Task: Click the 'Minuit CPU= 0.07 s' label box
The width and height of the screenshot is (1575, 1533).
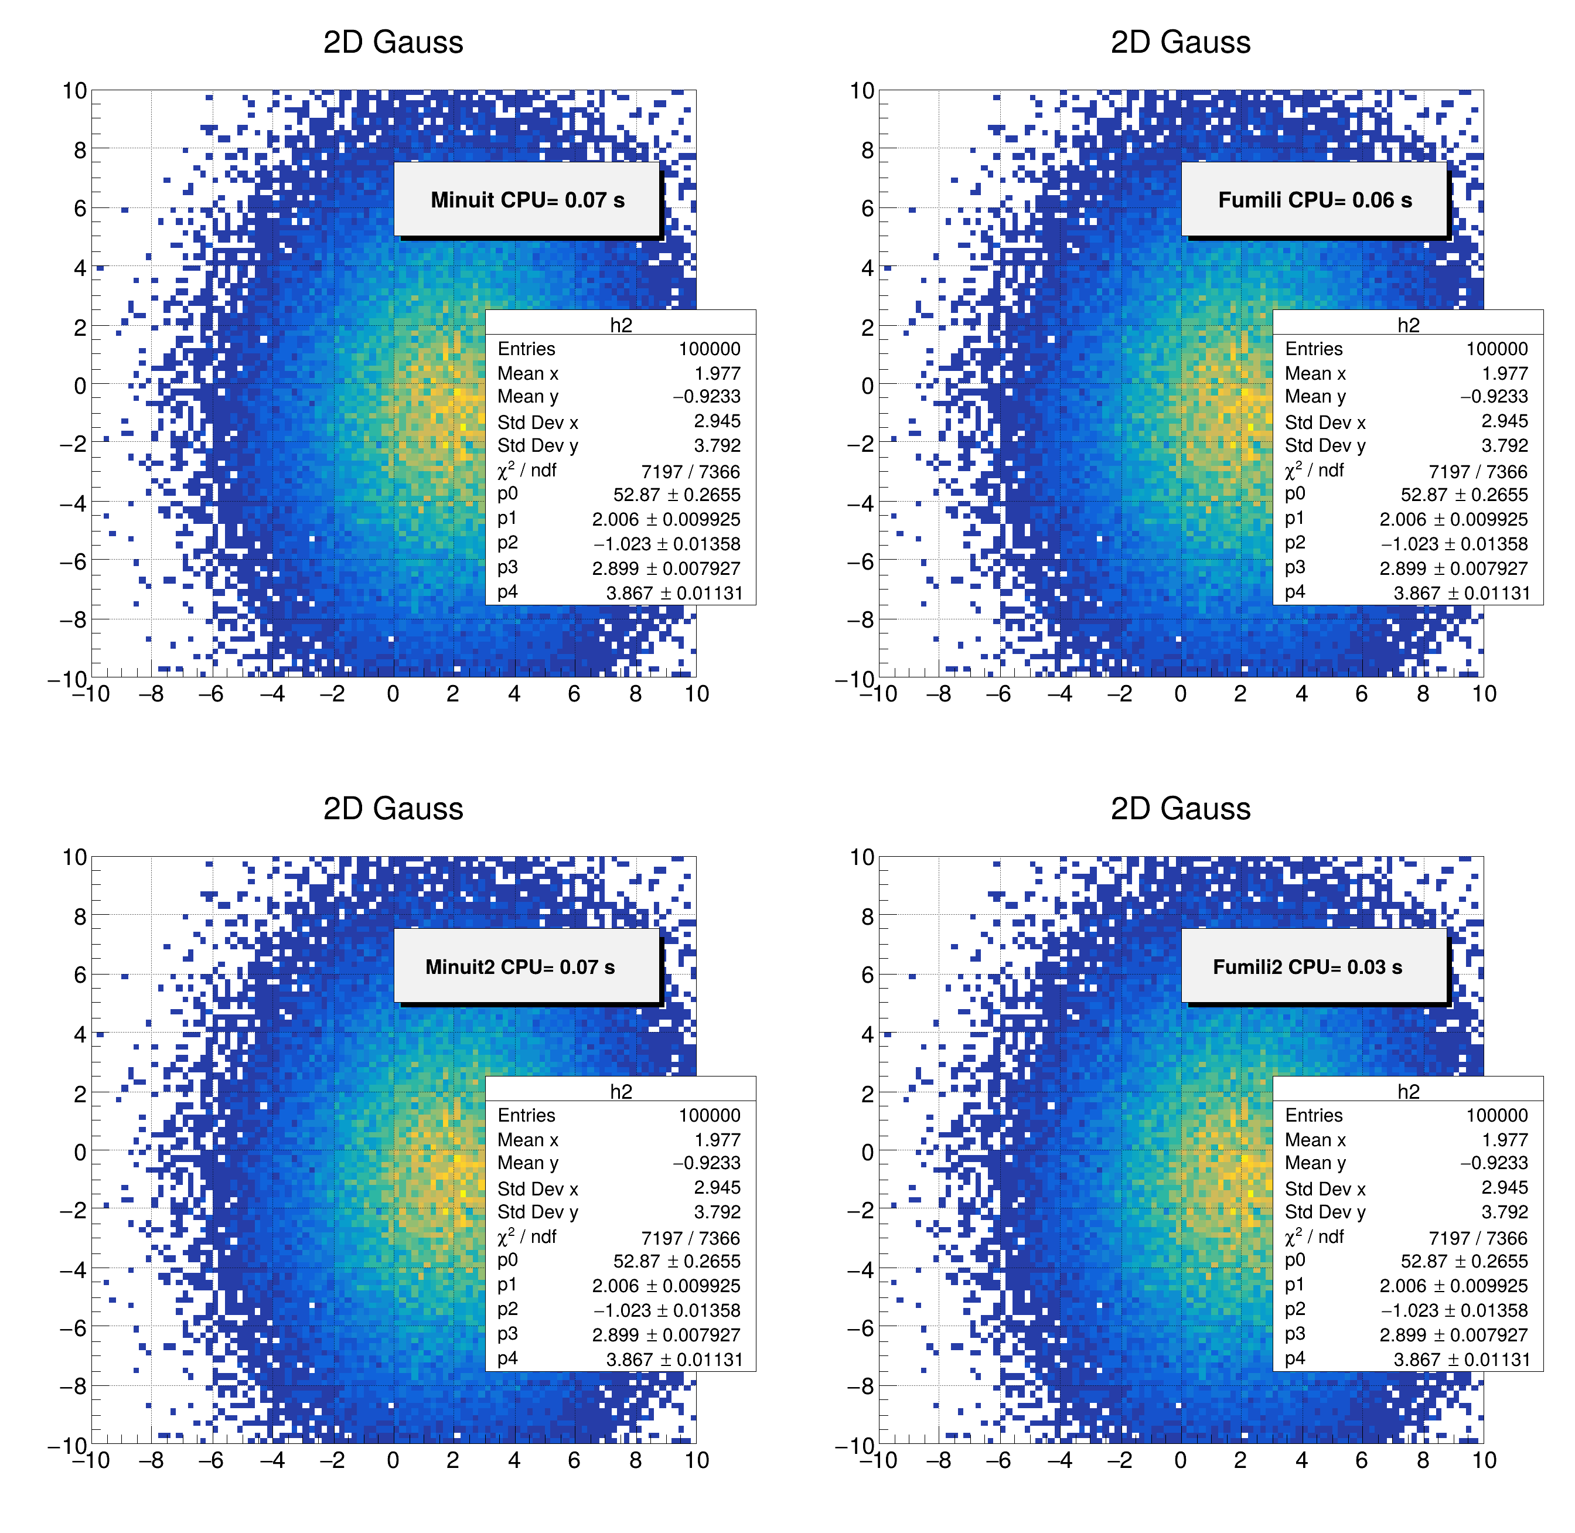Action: click(x=527, y=200)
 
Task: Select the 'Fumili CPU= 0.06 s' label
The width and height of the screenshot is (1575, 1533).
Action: click(x=1314, y=200)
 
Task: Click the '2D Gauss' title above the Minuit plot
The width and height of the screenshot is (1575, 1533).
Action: click(x=393, y=42)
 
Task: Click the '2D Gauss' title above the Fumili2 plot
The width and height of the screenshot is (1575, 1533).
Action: click(x=1181, y=808)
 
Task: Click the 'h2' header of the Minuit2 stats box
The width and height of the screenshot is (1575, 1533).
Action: click(x=621, y=1091)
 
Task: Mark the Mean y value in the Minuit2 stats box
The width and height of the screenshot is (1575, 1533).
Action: click(x=706, y=1163)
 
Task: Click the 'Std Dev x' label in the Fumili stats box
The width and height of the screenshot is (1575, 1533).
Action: click(x=1325, y=423)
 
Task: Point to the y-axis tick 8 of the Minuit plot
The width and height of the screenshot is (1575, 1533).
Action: click(x=79, y=150)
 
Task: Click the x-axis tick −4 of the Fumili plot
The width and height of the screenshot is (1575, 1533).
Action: click(x=1059, y=694)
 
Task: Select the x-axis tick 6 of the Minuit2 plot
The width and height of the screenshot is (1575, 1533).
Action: click(x=574, y=1460)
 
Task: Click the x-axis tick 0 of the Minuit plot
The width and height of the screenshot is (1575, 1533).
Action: click(x=393, y=694)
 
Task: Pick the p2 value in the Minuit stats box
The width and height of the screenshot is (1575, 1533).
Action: click(x=666, y=543)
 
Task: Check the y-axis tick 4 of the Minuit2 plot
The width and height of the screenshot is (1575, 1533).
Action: click(x=79, y=1034)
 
